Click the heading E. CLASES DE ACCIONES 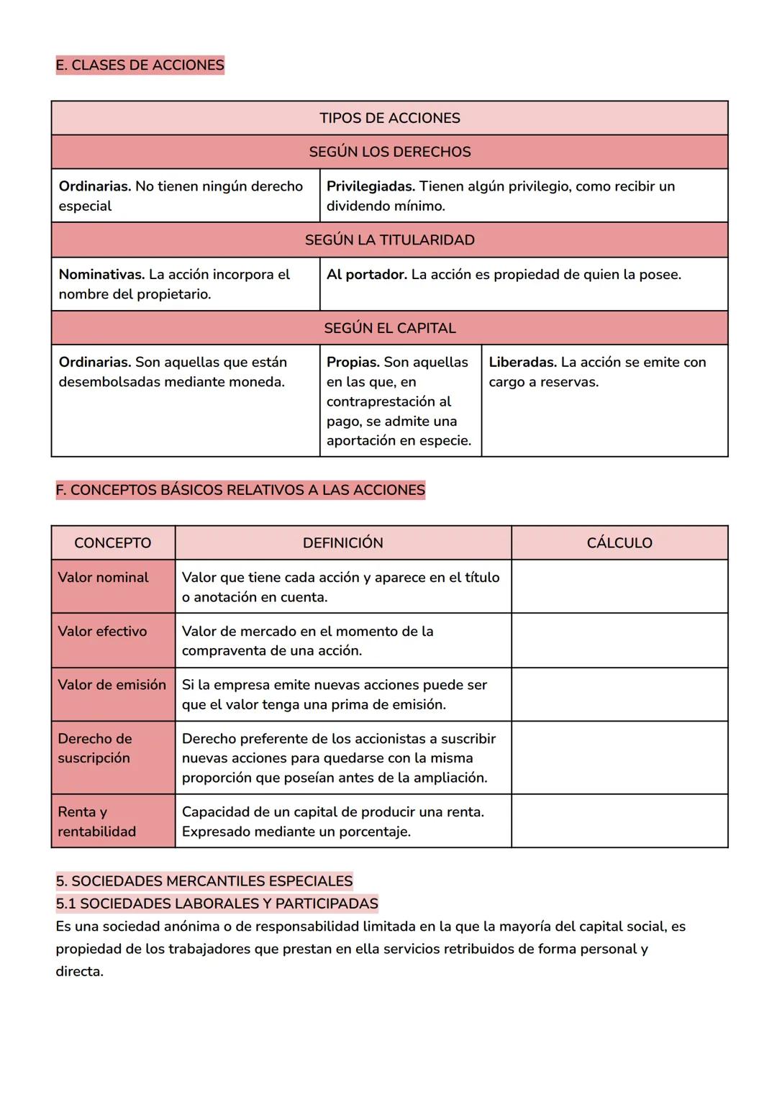(x=140, y=65)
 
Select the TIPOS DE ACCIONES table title (x=389, y=118)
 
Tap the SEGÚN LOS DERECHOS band (x=389, y=152)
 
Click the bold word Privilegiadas (x=371, y=186)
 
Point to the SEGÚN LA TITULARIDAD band (x=389, y=240)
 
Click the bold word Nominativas (x=101, y=275)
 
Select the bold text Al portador (x=366, y=275)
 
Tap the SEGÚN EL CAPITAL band (x=389, y=328)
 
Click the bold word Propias (x=353, y=363)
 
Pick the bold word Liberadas (x=522, y=363)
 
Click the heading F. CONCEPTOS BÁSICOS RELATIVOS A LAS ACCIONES (x=240, y=491)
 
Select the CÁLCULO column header (x=619, y=543)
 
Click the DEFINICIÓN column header (x=342, y=543)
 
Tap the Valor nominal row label (x=103, y=578)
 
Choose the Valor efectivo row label (x=102, y=632)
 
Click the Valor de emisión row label (x=112, y=685)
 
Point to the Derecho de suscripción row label (x=94, y=748)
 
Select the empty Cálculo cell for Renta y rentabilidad (x=619, y=821)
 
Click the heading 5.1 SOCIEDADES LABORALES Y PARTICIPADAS (x=217, y=903)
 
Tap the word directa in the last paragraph (x=79, y=972)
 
